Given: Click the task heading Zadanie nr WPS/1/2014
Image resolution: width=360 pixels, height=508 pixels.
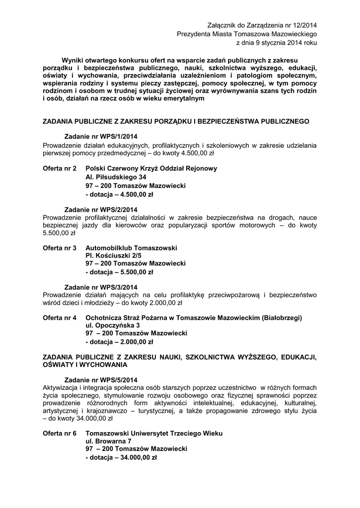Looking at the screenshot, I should click(x=101, y=136).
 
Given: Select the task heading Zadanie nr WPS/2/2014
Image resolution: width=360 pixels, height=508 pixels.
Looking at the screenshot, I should click(x=101, y=209).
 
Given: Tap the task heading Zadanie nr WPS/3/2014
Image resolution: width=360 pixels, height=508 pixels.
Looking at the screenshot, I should click(x=101, y=287).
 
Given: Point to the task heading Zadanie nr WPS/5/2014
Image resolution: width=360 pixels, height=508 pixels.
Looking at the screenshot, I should click(x=101, y=380).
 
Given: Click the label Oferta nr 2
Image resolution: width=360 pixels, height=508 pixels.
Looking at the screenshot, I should click(x=60, y=168).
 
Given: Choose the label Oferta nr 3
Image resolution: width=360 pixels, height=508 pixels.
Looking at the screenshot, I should click(x=60, y=247).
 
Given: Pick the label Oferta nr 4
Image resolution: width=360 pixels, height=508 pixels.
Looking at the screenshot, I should click(x=60, y=317).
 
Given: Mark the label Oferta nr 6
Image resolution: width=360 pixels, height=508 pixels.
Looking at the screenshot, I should click(x=60, y=433).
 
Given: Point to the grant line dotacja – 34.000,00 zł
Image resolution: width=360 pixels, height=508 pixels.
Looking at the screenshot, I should click(x=121, y=458).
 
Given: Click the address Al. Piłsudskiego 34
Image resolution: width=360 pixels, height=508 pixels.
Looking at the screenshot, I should click(x=116, y=177).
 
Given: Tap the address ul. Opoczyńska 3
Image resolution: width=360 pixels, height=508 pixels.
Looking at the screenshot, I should click(x=112, y=325).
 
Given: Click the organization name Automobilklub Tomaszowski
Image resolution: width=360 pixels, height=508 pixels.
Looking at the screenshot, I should click(x=131, y=247).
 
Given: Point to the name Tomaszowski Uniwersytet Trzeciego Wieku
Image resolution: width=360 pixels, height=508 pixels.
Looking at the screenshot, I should click(x=154, y=433).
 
